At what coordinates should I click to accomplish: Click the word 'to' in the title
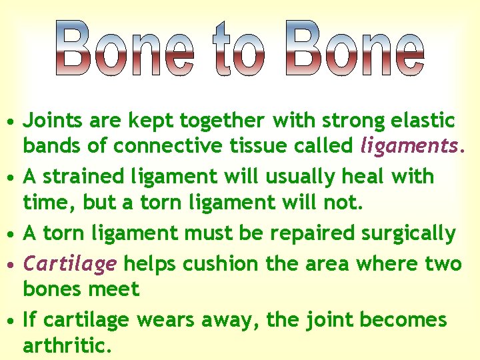pos(239,49)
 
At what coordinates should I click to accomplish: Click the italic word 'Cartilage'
pos(70,264)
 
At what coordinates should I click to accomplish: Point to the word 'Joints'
pos(51,121)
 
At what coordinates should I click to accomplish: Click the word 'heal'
pos(364,177)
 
